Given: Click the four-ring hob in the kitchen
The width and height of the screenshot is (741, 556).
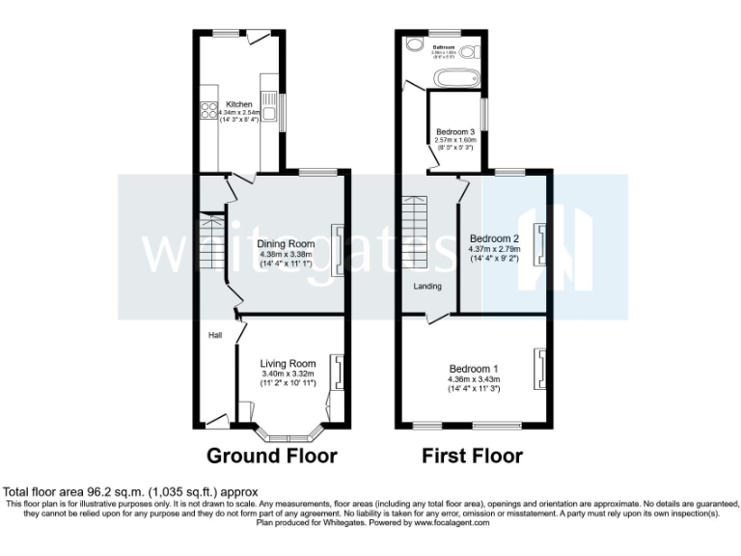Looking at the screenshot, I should click(206, 111).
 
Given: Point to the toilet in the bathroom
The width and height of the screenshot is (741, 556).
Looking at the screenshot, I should click(471, 50).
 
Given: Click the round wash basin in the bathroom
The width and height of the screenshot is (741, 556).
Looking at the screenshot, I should click(415, 44).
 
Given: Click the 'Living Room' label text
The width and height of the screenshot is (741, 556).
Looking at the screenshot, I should click(288, 363).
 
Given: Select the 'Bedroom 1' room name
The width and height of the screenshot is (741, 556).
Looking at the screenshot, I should click(473, 368).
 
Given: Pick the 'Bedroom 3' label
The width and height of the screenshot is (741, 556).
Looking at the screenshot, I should click(455, 131).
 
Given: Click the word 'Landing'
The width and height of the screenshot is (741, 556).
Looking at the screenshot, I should click(427, 287).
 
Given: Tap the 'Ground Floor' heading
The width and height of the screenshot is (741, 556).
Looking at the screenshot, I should click(272, 456).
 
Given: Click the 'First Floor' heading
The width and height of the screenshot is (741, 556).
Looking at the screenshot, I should click(473, 456).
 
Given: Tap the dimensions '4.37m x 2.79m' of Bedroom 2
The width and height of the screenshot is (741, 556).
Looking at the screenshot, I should click(495, 249).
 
